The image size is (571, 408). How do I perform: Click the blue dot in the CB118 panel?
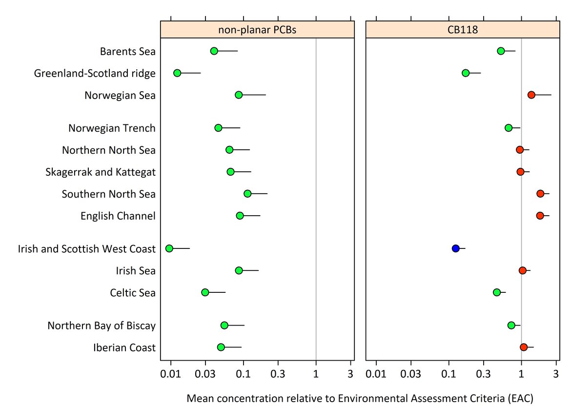pyautogui.click(x=455, y=248)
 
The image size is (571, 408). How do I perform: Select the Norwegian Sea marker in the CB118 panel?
pyautogui.click(x=531, y=95)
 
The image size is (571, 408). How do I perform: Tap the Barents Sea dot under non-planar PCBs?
pyautogui.click(x=214, y=51)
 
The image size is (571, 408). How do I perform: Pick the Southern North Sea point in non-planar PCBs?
pyautogui.click(x=247, y=194)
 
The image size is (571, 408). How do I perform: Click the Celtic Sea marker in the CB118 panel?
pyautogui.click(x=497, y=292)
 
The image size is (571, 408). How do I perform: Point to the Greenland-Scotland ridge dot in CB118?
pyautogui.click(x=466, y=73)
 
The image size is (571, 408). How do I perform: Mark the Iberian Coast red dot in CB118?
pyautogui.click(x=524, y=347)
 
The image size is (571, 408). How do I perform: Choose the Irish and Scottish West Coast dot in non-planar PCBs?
pyautogui.click(x=169, y=248)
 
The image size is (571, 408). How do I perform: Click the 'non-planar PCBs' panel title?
pyautogui.click(x=257, y=30)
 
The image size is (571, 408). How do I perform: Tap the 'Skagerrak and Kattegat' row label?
pyautogui.click(x=101, y=172)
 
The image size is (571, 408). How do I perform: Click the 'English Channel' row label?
pyautogui.click(x=118, y=216)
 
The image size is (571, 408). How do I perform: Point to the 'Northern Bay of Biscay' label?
pyautogui.click(x=102, y=326)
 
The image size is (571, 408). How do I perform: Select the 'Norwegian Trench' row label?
pyautogui.click(x=112, y=128)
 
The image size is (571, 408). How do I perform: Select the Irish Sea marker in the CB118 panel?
pyautogui.click(x=523, y=270)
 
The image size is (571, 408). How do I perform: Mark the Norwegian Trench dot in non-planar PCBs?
pyautogui.click(x=218, y=128)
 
